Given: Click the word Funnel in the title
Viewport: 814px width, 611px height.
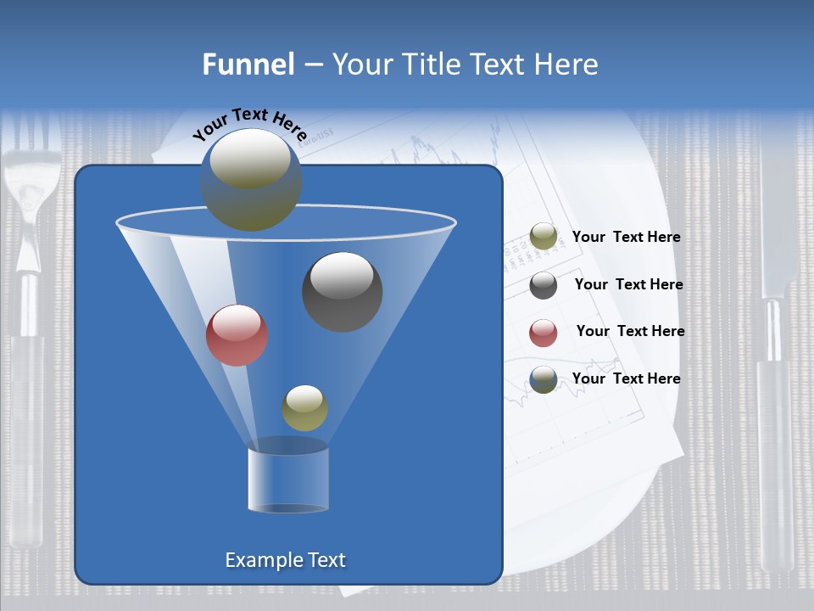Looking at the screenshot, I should [248, 64].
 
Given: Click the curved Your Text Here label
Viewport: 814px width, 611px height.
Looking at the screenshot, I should [249, 124].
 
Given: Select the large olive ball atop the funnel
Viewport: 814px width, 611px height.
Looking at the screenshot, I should [251, 179].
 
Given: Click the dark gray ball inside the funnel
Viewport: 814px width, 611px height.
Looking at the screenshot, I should [342, 291].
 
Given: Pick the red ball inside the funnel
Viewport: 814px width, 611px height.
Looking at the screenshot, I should [237, 334].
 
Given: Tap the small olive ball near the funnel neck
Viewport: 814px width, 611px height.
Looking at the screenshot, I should [304, 407].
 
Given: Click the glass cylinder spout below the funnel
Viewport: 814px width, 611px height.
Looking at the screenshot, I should [288, 479].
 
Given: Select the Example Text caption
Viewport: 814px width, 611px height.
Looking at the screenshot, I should [285, 560].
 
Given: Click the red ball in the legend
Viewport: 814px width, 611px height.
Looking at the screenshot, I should [544, 333].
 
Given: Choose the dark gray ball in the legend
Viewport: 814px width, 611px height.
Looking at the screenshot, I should [544, 285].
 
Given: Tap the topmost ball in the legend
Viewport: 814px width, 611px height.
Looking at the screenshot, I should [544, 237].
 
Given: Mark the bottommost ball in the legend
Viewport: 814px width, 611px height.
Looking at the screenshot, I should [544, 379].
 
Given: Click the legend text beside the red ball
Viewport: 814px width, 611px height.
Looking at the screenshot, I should [630, 331].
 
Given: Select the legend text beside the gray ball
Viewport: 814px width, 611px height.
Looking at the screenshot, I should [628, 284].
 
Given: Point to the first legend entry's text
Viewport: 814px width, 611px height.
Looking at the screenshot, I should [626, 237].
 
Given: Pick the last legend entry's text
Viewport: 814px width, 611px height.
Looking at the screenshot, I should [626, 378].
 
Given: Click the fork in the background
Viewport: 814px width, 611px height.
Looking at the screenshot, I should [30, 339].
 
